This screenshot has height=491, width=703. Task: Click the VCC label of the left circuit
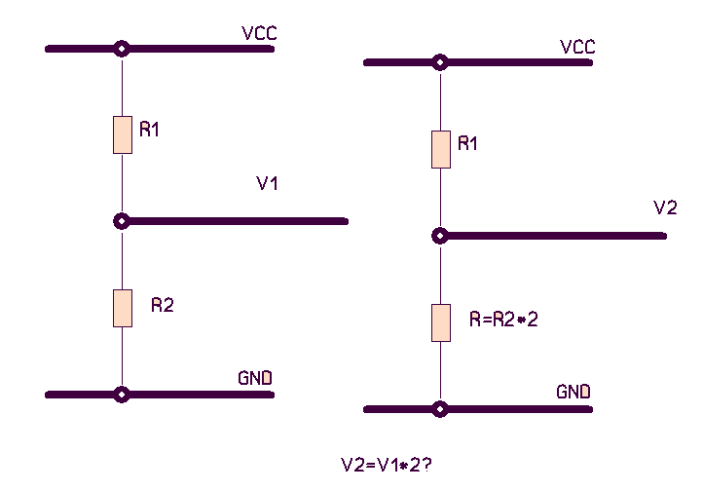click(x=259, y=34)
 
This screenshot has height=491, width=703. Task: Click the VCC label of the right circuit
click(x=577, y=48)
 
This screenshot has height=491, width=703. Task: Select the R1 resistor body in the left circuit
click(x=122, y=134)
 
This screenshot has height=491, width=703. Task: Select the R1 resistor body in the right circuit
click(x=441, y=149)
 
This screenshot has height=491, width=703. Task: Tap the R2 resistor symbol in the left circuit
click(x=122, y=308)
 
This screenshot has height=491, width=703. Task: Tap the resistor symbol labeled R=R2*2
click(x=441, y=322)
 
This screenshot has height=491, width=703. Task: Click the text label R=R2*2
click(x=503, y=319)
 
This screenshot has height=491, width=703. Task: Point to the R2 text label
click(x=162, y=305)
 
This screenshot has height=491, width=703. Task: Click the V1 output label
click(x=268, y=183)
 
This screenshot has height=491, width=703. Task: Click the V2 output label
click(x=665, y=208)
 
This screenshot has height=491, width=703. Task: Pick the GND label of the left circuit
click(x=255, y=378)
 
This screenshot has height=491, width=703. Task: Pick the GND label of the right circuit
click(x=573, y=393)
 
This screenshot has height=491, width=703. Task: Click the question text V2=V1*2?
click(x=386, y=465)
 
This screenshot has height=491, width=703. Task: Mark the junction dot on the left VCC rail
click(x=122, y=48)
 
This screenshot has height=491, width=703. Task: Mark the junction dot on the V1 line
click(x=122, y=221)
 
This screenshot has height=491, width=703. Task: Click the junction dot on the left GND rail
click(x=122, y=395)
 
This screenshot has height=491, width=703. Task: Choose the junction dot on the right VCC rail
click(x=441, y=62)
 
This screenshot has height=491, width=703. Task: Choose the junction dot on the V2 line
click(x=441, y=236)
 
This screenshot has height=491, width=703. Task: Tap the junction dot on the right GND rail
click(x=441, y=409)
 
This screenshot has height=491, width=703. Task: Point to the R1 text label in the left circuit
click(x=149, y=130)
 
